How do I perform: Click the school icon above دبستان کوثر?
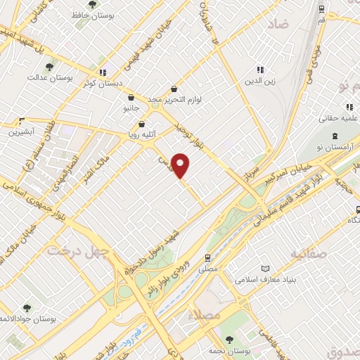[x=103, y=71]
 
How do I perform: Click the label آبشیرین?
[x=22, y=131]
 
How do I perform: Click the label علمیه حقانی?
[x=340, y=108]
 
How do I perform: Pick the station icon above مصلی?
[x=207, y=258]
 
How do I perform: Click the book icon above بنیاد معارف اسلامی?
[x=265, y=269]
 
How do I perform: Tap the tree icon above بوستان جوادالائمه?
[x=27, y=308]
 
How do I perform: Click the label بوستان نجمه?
[x=233, y=350]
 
